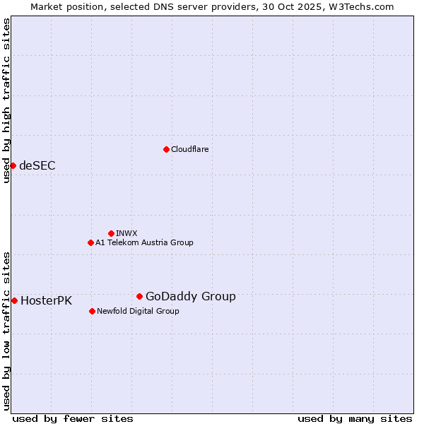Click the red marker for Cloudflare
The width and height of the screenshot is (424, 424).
pyautogui.click(x=166, y=149)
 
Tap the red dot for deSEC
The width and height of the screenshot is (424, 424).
pyautogui.click(x=13, y=165)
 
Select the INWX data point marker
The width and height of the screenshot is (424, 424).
pyautogui.click(x=111, y=233)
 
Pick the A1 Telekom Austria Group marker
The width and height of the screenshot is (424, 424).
pyautogui.click(x=90, y=242)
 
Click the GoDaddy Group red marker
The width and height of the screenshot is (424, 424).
pyautogui.click(x=139, y=296)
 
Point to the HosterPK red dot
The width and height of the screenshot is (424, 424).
pyautogui.click(x=14, y=300)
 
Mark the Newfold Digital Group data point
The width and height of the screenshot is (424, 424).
pyautogui.click(x=92, y=311)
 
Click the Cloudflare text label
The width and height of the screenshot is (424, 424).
pyautogui.click(x=189, y=149)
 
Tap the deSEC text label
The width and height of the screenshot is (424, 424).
pyautogui.click(x=37, y=166)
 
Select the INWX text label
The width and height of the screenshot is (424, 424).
pyautogui.click(x=126, y=233)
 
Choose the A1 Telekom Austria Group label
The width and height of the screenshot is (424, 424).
pyautogui.click(x=144, y=242)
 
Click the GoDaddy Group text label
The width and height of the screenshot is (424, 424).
pyautogui.click(x=191, y=297)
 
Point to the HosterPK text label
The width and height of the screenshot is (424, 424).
pyautogui.click(x=46, y=301)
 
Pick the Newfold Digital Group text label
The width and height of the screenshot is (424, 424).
pyautogui.click(x=138, y=311)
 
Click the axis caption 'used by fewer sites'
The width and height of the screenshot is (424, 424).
pyautogui.click(x=73, y=418)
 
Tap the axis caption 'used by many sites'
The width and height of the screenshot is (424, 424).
pyautogui.click(x=355, y=418)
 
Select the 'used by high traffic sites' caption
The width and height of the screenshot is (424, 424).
pyautogui.click(x=6, y=100)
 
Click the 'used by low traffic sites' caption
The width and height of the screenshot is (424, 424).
pyautogui.click(x=6, y=331)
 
